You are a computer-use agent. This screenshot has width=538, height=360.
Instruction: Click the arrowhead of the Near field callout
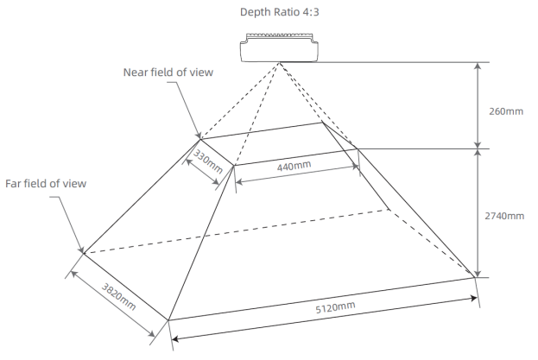(x=200, y=136)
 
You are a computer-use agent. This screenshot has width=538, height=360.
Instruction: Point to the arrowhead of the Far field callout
(x=82, y=251)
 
